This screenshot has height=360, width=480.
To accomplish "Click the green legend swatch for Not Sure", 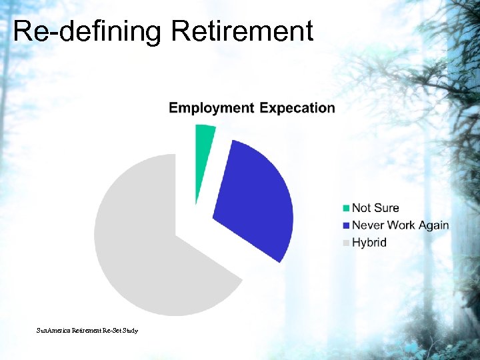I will point(345,209).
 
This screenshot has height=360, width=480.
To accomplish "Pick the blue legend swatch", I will point(345,226).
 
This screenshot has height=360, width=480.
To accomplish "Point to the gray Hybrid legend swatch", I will point(345,243).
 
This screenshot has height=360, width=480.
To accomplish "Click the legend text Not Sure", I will point(375,208).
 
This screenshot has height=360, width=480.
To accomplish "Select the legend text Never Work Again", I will point(400,225).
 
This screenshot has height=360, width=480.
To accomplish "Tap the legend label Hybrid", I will point(369,243).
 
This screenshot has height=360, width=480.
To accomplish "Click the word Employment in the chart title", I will point(211,108).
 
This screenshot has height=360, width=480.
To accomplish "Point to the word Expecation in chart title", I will point(297,108).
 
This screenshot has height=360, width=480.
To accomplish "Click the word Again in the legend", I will point(434,225).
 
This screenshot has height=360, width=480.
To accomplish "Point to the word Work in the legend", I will point(400,225).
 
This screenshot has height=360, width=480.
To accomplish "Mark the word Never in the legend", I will point(367,225).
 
